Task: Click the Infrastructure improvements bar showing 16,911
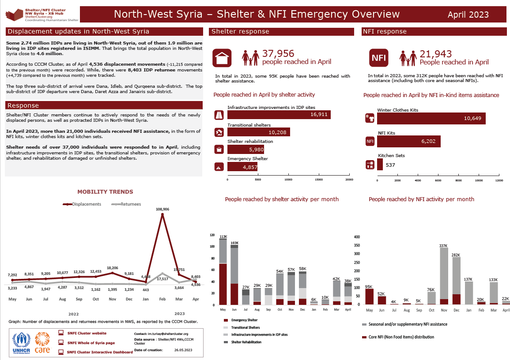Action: [279, 115]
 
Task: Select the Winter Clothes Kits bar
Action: [431, 118]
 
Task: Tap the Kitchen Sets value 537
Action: [390, 165]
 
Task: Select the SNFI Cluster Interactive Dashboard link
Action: [99, 352]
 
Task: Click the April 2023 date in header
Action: [468, 15]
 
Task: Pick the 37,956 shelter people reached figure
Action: [278, 54]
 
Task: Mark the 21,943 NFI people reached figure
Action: [435, 54]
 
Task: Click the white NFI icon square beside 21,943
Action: [378, 58]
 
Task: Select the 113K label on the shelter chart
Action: [223, 237]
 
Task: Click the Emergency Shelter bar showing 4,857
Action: [242, 167]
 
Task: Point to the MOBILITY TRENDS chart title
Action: [105, 192]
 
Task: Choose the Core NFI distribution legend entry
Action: [401, 337]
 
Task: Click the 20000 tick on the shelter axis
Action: [349, 180]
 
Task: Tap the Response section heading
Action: [23, 105]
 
